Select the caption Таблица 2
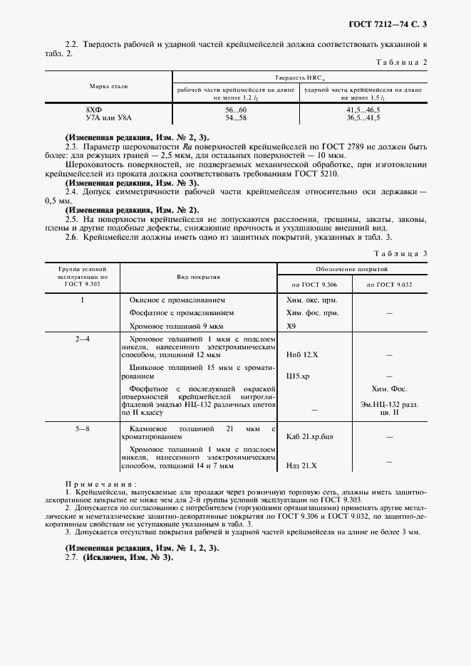[401, 63]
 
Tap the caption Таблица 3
[401, 253]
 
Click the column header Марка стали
[108, 87]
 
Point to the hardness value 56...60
[235, 111]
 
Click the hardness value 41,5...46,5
[363, 111]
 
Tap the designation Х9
[291, 327]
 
